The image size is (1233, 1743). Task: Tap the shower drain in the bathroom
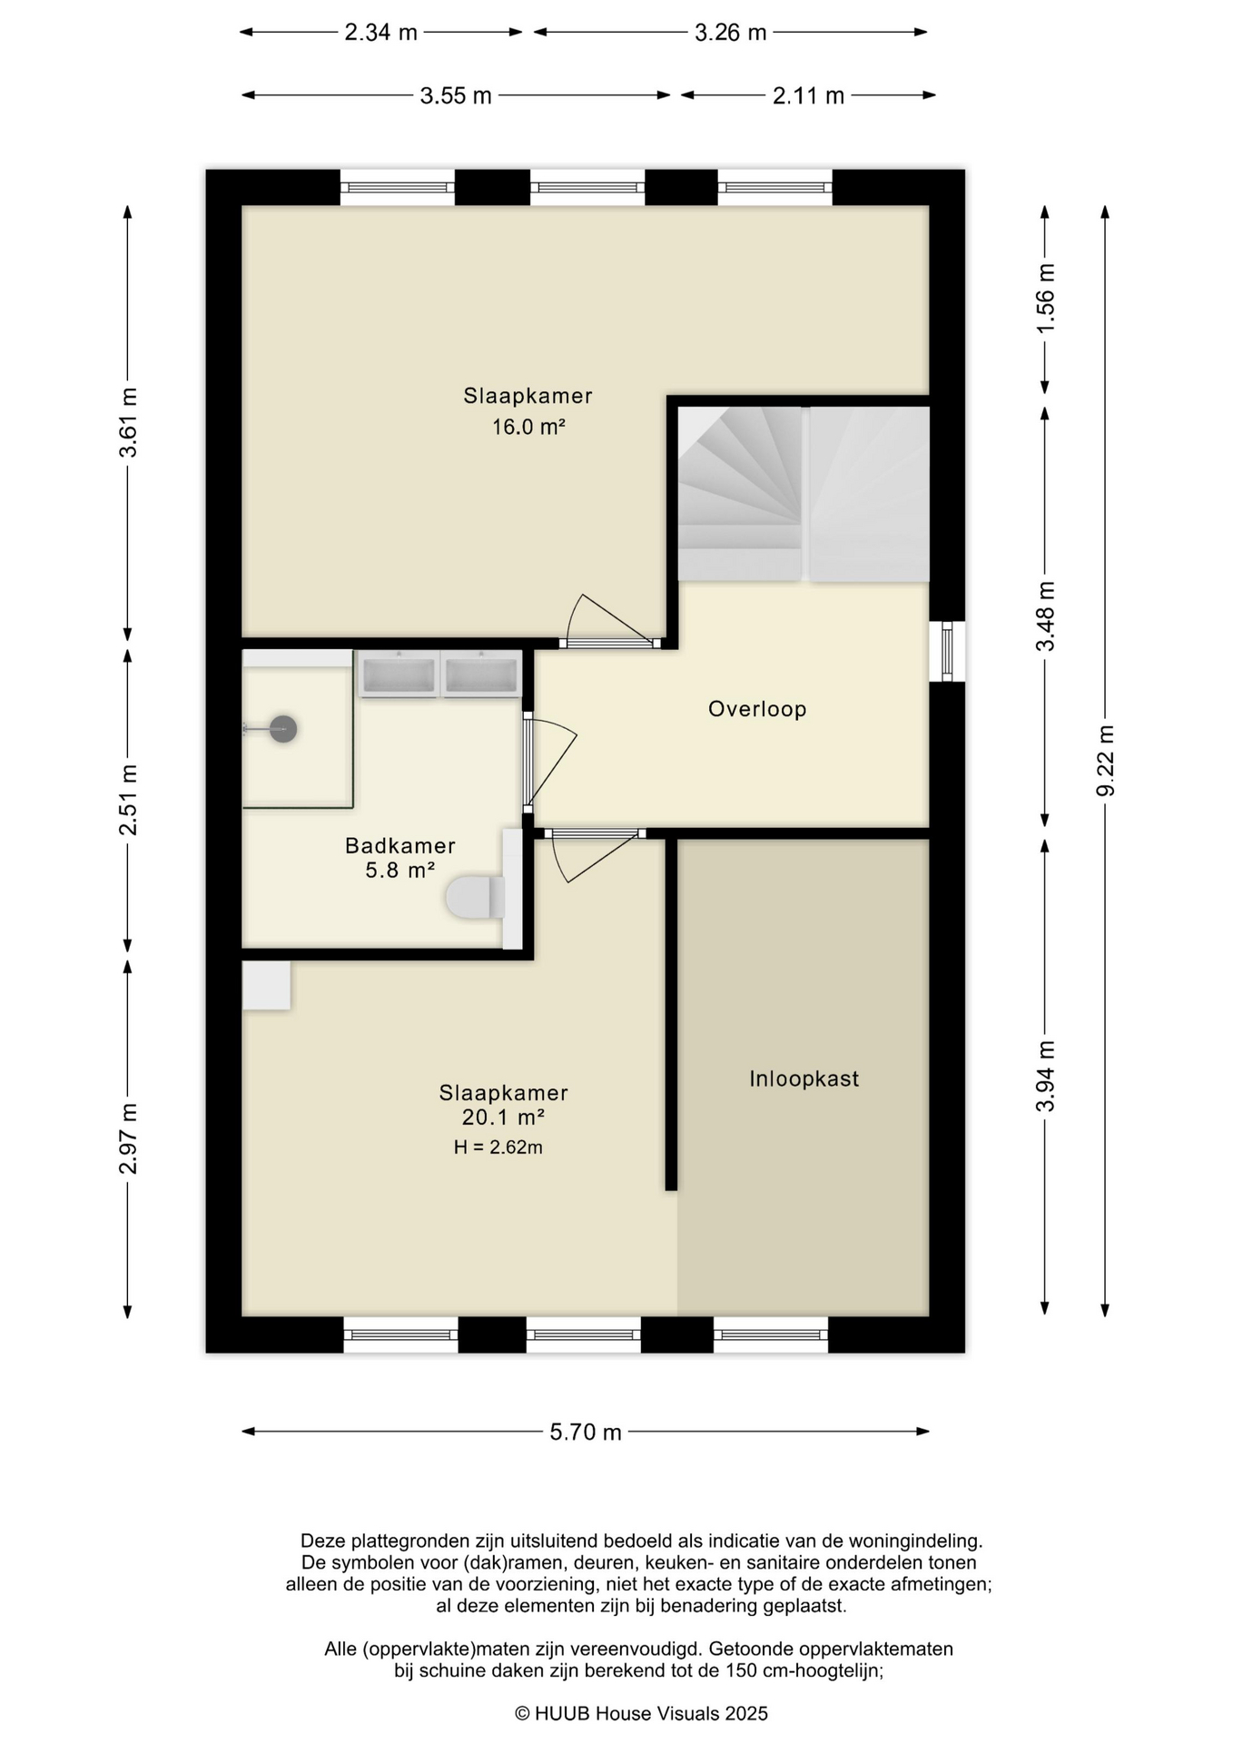click(x=284, y=729)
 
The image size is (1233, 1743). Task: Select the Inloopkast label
click(x=804, y=1078)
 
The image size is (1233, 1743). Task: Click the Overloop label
click(x=757, y=709)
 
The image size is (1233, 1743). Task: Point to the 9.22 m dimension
click(x=1105, y=761)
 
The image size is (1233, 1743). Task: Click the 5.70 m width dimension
click(x=586, y=1432)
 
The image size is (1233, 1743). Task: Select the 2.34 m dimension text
click(x=380, y=33)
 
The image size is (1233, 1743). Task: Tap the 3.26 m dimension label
click(x=731, y=33)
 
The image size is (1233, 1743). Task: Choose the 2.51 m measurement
click(x=128, y=800)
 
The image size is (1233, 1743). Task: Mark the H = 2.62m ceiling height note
click(x=498, y=1147)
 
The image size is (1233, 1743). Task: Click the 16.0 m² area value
click(x=529, y=426)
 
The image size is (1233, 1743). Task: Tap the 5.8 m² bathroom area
click(x=400, y=870)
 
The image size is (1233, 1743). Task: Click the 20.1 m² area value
click(x=503, y=1118)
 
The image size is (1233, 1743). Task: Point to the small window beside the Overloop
click(x=947, y=652)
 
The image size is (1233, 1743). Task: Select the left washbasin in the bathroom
click(x=399, y=674)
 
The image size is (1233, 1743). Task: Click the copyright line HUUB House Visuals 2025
click(x=641, y=1714)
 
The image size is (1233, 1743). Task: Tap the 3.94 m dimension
click(x=1045, y=1076)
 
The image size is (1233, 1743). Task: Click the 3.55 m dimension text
click(x=456, y=95)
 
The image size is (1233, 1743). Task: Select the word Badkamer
click(x=400, y=845)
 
